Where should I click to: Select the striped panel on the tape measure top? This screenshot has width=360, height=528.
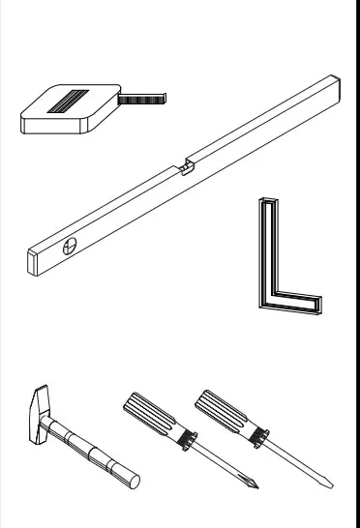pyautogui.click(x=70, y=101)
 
